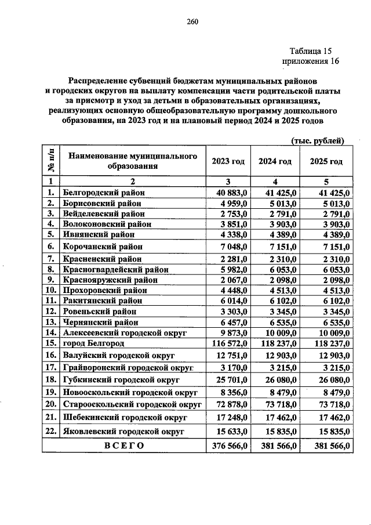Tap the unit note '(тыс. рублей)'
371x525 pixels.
318,140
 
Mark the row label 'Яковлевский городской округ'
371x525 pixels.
123,432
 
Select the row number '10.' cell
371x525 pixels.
51,290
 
